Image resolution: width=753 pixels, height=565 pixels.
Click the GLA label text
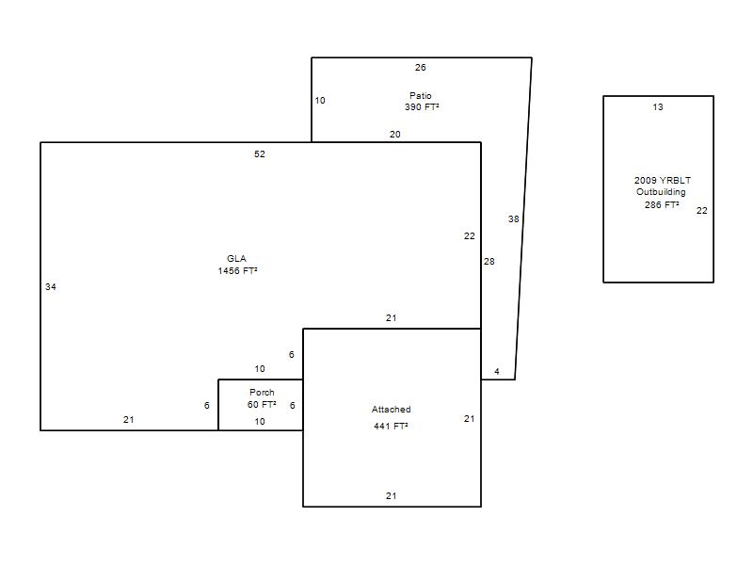click(x=236, y=258)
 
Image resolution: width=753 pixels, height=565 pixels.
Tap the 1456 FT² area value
click(x=237, y=271)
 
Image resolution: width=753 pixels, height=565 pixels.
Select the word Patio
click(x=420, y=96)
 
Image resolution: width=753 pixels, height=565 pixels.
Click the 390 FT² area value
click(x=422, y=107)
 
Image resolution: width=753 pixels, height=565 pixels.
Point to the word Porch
click(x=262, y=393)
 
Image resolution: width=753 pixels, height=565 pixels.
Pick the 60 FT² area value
click(x=262, y=405)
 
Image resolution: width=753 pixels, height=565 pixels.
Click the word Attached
click(x=391, y=410)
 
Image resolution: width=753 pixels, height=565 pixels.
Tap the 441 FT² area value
click(x=391, y=427)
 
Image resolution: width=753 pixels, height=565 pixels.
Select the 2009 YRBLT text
click(x=663, y=181)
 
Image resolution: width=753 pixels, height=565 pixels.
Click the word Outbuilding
click(x=661, y=192)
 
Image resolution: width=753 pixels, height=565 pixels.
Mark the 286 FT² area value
click(x=662, y=205)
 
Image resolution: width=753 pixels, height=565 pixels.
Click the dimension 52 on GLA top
click(x=260, y=154)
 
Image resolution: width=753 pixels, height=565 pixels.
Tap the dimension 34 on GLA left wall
click(x=51, y=287)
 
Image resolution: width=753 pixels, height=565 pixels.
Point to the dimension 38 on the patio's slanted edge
click(x=513, y=219)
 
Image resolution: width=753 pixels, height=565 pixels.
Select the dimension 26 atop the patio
click(x=420, y=68)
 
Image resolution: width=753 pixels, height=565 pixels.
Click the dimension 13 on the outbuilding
click(x=658, y=107)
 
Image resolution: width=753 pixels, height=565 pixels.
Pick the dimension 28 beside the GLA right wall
click(x=489, y=262)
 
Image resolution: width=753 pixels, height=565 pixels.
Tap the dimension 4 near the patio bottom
click(x=497, y=371)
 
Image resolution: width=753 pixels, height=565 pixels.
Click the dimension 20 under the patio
click(x=394, y=135)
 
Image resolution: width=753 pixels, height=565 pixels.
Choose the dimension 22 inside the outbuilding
click(x=701, y=210)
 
